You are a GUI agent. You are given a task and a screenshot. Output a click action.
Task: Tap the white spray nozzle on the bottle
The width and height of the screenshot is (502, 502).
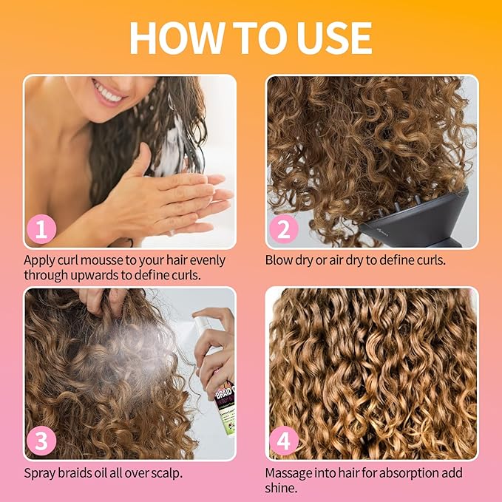pos(204,322)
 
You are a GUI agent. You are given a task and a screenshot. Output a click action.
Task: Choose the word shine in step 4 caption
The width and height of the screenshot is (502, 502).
pos(281,487)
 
